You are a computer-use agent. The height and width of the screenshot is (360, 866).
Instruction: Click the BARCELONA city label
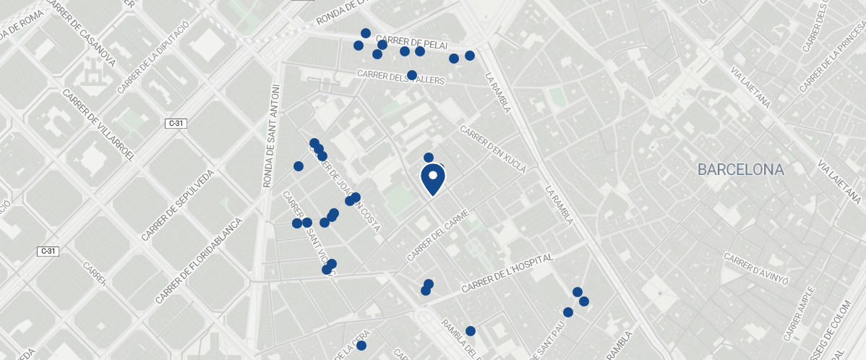pyautogui.click(x=740, y=170)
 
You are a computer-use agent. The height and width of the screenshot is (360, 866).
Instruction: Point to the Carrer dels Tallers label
pyautogui.click(x=401, y=77)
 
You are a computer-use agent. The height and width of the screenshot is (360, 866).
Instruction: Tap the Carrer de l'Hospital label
pyautogui.click(x=507, y=273)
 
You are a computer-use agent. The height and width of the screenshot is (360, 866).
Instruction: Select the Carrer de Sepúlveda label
pyautogui.click(x=178, y=205)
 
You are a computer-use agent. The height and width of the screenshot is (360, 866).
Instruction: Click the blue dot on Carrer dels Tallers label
pyautogui.click(x=411, y=75)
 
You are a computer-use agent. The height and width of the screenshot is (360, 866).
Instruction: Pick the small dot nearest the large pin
pyautogui.click(x=428, y=158)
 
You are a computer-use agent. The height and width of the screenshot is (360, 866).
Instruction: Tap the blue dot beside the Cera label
pyautogui.click(x=361, y=346)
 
